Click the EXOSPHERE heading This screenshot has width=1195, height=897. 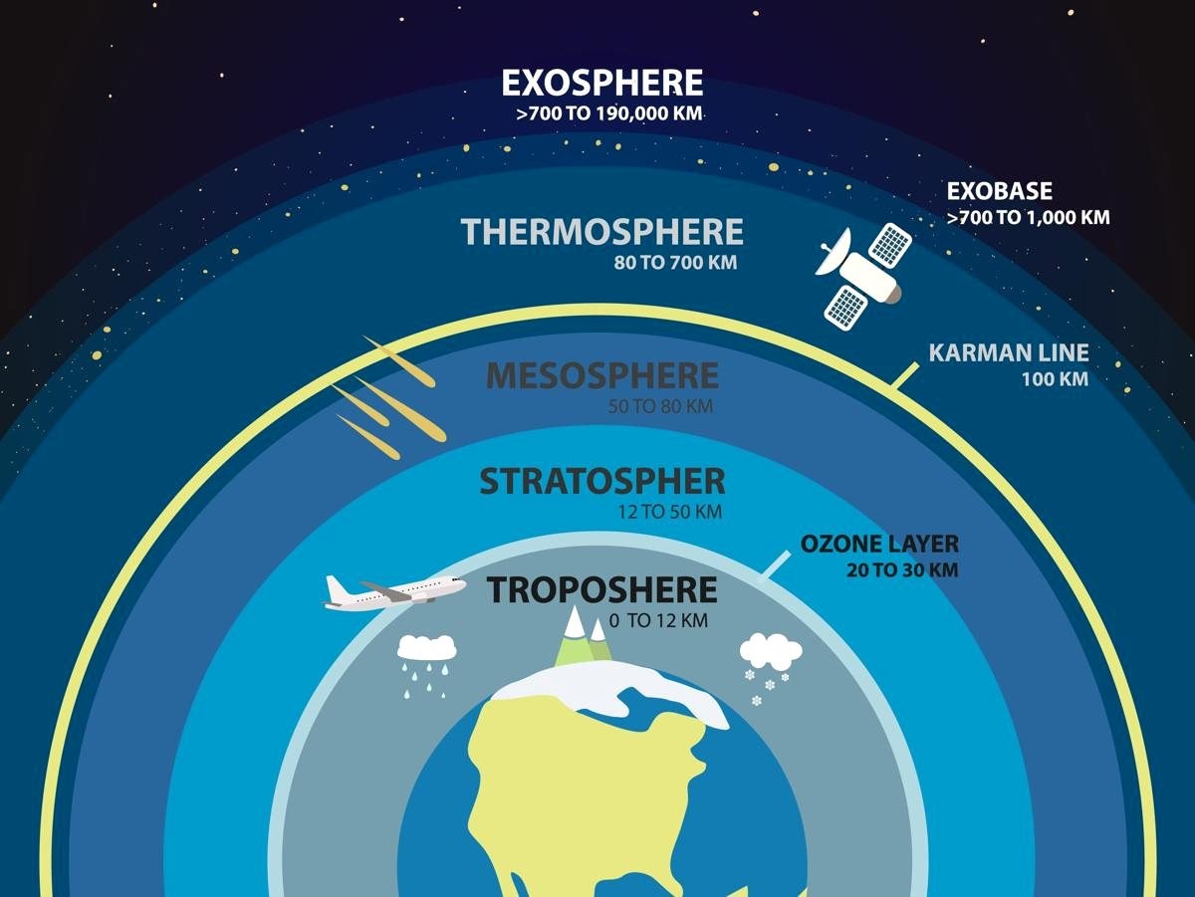point(602,83)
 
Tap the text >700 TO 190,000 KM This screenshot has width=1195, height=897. point(609,113)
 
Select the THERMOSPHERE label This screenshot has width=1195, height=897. point(602,232)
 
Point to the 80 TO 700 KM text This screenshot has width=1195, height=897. point(675,263)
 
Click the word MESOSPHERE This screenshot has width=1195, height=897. point(602,375)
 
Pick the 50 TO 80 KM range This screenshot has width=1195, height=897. point(660,406)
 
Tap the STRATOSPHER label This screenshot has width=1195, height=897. point(602,481)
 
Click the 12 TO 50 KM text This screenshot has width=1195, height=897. point(669,512)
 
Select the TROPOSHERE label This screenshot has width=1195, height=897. point(602,590)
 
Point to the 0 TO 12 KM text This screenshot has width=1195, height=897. point(658,621)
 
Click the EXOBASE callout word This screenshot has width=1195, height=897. point(1000,191)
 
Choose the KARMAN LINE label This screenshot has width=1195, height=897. point(1009,352)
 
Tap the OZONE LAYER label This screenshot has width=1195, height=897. point(879,544)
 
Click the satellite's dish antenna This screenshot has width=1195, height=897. point(833,253)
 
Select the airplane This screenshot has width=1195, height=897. point(394,592)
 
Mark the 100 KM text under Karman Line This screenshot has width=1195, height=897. point(1055,379)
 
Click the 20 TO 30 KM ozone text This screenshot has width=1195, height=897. point(902,569)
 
